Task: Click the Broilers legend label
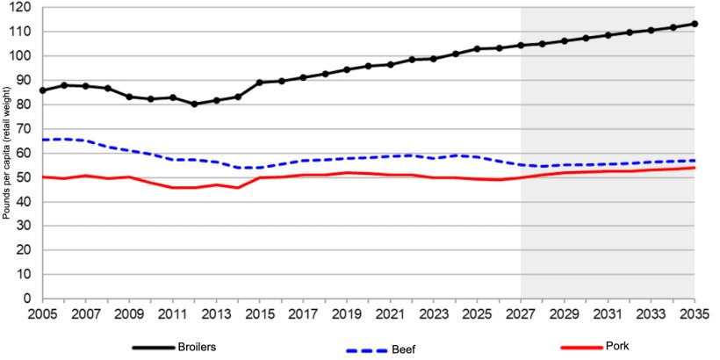[197, 347]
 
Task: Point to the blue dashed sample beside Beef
[371, 349]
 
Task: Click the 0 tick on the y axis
[27, 299]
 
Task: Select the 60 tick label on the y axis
[24, 153]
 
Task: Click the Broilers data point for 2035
[695, 24]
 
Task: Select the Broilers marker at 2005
[42, 90]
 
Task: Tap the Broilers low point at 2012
[194, 104]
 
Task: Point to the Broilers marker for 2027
[521, 45]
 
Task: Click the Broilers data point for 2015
[259, 83]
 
